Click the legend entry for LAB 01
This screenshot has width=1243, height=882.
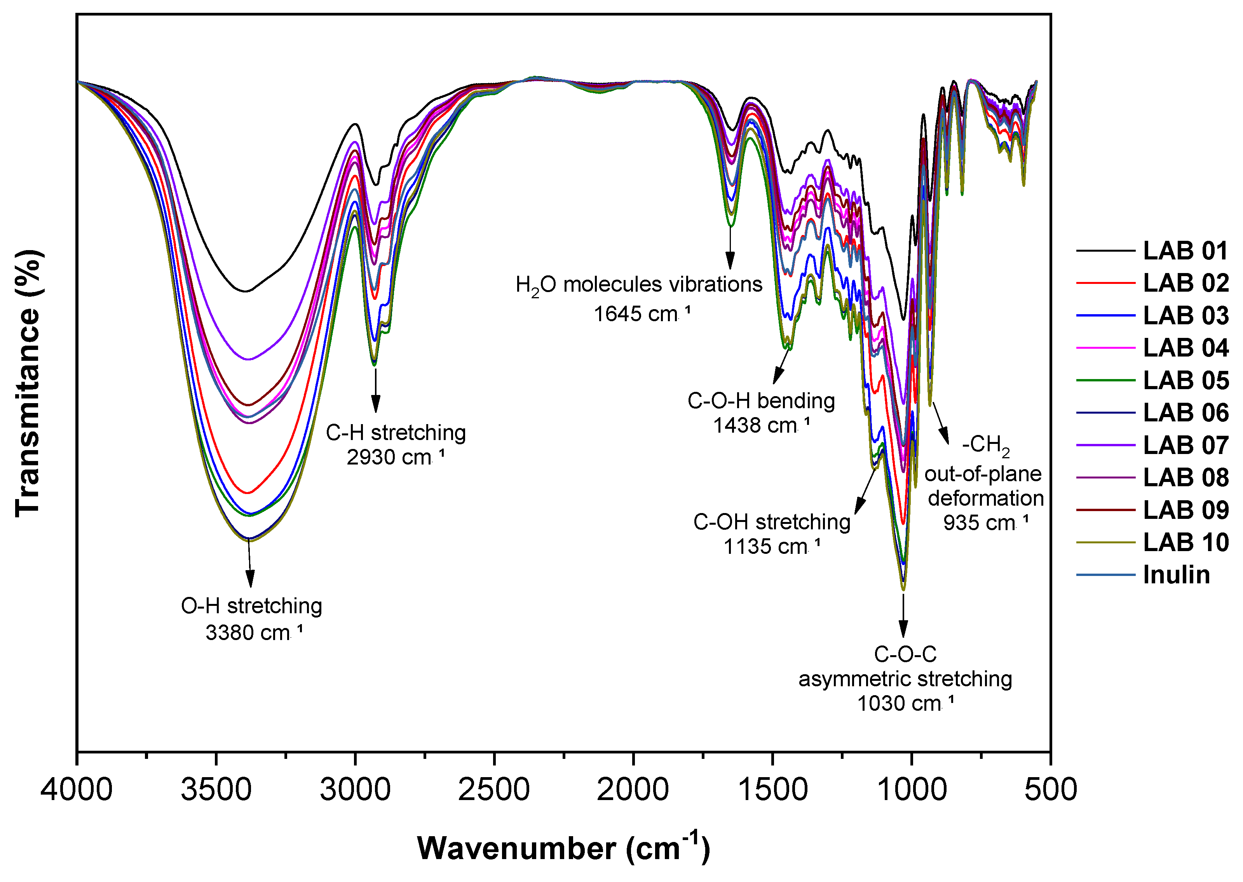click(x=1185, y=251)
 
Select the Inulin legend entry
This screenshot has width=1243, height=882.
click(x=1176, y=575)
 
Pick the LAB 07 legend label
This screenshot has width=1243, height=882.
click(x=1185, y=445)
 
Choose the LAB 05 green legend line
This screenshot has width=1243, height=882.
click(x=1105, y=380)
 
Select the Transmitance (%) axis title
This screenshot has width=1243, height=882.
click(x=27, y=383)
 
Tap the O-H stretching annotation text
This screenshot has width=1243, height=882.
click(x=251, y=605)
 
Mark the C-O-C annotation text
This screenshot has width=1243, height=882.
click(x=905, y=654)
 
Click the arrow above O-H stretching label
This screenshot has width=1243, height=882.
click(x=250, y=565)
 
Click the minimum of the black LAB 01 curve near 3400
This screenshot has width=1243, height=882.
click(x=246, y=291)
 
